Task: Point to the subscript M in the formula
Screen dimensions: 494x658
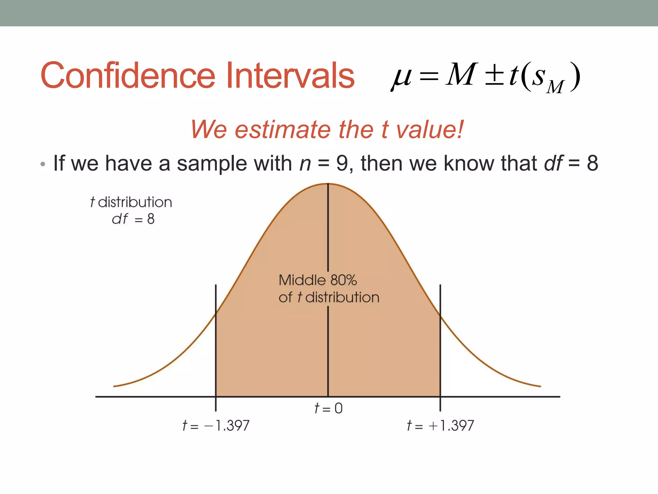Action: [555, 87]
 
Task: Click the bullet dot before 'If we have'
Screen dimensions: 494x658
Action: [43, 164]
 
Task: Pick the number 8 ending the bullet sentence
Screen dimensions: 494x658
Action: [592, 163]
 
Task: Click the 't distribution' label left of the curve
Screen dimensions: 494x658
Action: [131, 202]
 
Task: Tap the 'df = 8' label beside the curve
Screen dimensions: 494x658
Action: [133, 219]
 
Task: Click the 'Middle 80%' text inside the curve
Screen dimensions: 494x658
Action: [317, 280]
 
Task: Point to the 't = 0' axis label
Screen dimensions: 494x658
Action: [328, 408]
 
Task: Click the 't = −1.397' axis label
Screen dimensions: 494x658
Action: [216, 425]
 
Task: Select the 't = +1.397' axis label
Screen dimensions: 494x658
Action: [440, 425]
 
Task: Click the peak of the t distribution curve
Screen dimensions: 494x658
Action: [328, 184]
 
